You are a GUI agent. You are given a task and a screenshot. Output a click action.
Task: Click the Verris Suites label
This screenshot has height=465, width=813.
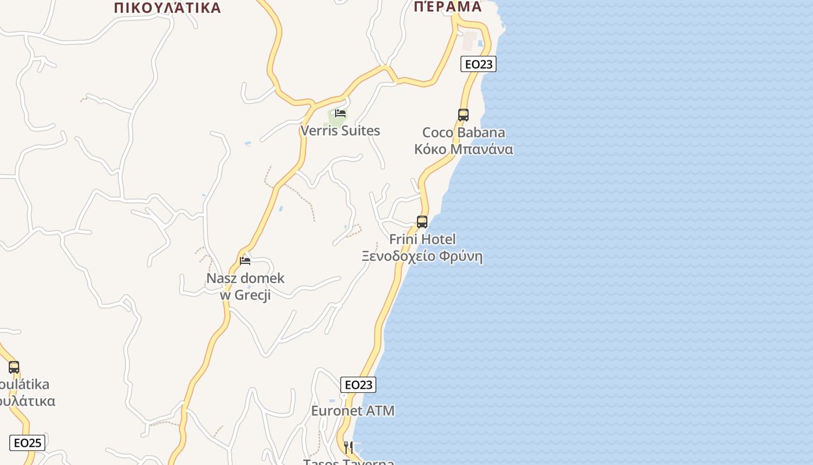[340, 131]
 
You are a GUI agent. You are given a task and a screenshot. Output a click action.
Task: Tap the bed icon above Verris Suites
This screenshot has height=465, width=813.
[340, 113]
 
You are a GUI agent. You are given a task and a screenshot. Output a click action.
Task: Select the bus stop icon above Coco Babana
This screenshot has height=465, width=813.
[463, 115]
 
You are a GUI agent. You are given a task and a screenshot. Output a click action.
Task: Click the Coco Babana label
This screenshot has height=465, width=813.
[463, 133]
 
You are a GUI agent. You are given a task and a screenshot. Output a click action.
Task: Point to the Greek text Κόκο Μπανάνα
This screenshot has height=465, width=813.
[463, 149]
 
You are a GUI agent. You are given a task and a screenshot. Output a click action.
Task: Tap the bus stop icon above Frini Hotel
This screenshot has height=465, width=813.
[422, 221]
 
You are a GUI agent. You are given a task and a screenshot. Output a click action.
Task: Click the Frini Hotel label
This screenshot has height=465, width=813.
[422, 239]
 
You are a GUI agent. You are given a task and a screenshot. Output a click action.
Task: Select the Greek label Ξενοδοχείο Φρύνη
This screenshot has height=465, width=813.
[422, 256]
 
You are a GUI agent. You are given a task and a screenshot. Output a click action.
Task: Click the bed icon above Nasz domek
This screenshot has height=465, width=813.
[245, 261]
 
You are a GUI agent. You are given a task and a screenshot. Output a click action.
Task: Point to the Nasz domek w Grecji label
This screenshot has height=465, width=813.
[246, 286]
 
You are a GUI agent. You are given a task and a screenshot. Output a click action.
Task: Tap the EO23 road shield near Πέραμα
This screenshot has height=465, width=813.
[479, 64]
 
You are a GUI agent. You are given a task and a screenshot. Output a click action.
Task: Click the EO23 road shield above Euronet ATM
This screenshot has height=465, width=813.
[358, 385]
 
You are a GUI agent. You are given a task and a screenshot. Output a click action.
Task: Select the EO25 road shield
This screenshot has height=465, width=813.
[27, 443]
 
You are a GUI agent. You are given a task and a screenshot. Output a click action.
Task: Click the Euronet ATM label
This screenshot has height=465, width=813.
[352, 411]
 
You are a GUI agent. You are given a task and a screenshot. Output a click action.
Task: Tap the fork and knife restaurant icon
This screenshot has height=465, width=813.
[348, 447]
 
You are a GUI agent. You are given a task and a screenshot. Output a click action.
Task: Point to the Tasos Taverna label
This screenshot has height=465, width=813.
[348, 462]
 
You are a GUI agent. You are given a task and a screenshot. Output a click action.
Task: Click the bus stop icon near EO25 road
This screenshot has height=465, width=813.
[14, 367]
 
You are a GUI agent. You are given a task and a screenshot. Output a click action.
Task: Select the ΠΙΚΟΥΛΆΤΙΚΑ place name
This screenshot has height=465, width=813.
[168, 8]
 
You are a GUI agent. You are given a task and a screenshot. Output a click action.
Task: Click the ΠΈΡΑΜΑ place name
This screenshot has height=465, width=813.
[448, 6]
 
